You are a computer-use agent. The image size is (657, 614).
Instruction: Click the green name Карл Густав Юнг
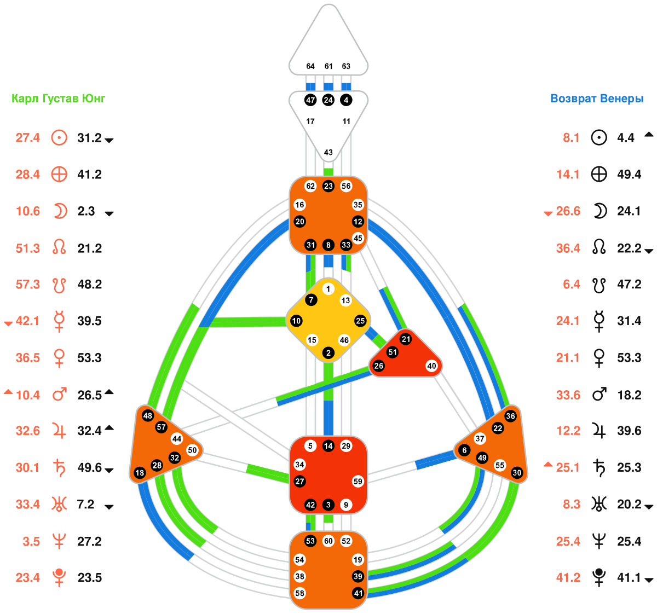pyautogui.click(x=59, y=99)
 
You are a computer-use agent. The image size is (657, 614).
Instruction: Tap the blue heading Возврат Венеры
pyautogui.click(x=597, y=99)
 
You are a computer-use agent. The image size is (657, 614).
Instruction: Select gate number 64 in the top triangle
pyautogui.click(x=310, y=66)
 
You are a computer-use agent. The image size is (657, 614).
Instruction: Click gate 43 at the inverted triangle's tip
pyautogui.click(x=328, y=152)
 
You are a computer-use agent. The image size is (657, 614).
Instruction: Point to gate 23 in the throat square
pyautogui.click(x=328, y=186)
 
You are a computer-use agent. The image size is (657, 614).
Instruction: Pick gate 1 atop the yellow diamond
pyautogui.click(x=328, y=289)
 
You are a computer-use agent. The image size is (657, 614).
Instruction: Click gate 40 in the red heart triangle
pyautogui.click(x=431, y=366)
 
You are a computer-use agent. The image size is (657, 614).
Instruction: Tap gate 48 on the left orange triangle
pyautogui.click(x=147, y=415)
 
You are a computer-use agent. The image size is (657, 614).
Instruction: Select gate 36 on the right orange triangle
pyautogui.click(x=510, y=416)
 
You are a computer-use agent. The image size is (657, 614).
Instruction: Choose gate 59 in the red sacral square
pyautogui.click(x=358, y=482)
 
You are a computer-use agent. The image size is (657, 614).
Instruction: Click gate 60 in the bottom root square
pyautogui.click(x=328, y=541)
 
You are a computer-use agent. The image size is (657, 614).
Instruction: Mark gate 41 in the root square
pyautogui.click(x=358, y=593)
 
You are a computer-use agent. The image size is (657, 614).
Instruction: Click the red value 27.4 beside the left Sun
pyautogui.click(x=28, y=138)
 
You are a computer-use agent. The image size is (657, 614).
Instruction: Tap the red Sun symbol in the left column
pyautogui.click(x=59, y=137)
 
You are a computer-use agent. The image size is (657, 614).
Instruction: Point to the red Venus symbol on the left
pyautogui.click(x=59, y=358)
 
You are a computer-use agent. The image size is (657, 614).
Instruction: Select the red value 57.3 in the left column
pyautogui.click(x=28, y=285)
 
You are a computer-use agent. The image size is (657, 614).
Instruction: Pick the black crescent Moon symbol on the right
pyautogui.click(x=600, y=211)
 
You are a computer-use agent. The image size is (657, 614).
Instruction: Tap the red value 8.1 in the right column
pyautogui.click(x=571, y=138)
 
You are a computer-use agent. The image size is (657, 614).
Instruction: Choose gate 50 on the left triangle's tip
pyautogui.click(x=192, y=450)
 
